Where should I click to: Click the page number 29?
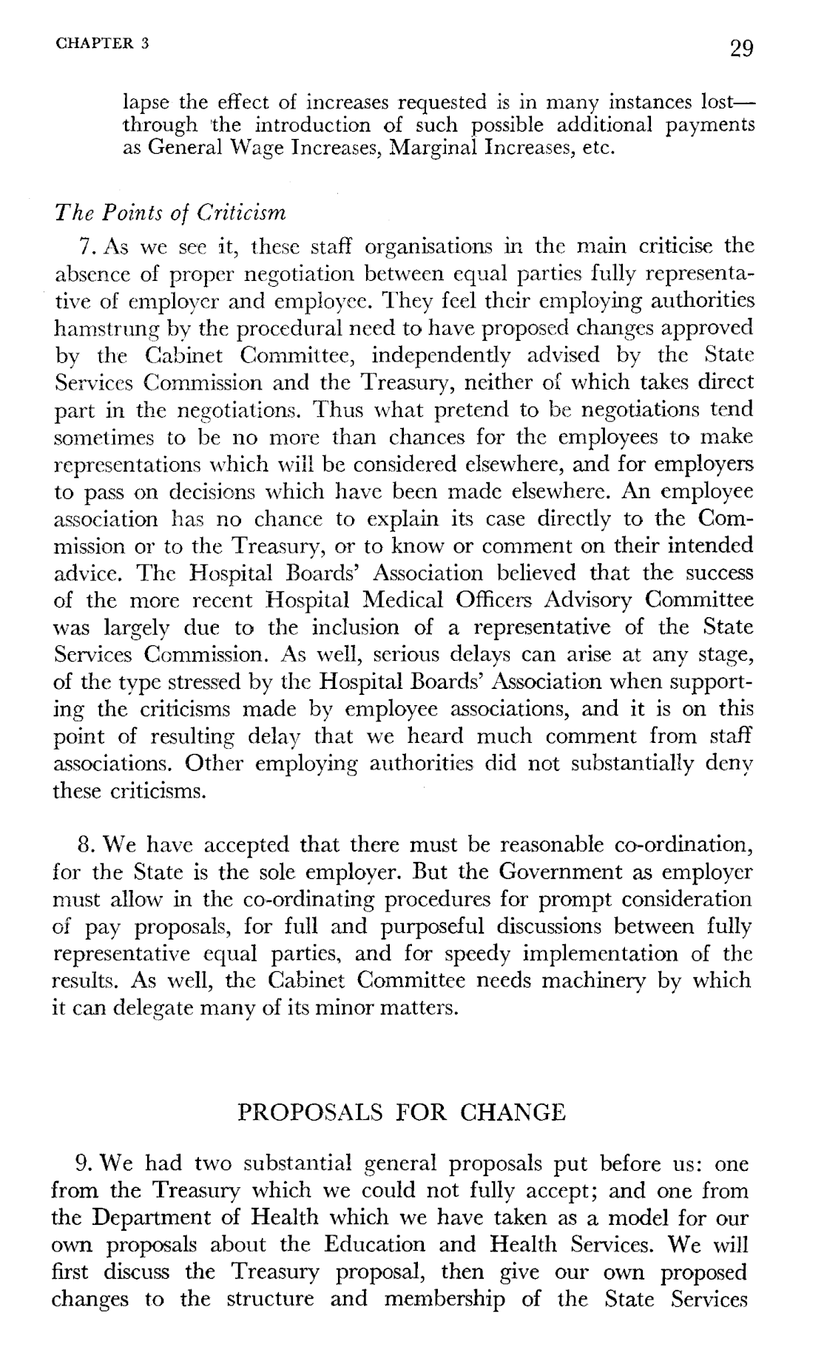click(740, 49)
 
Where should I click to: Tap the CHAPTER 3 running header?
click(102, 42)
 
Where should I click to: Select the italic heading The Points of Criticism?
click(171, 214)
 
